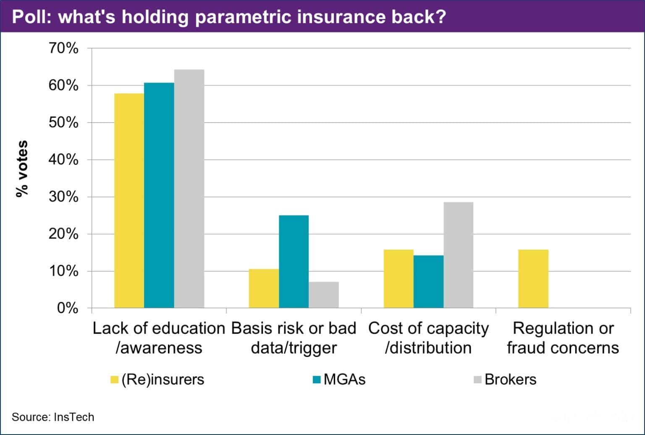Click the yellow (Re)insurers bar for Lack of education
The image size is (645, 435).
pyautogui.click(x=129, y=200)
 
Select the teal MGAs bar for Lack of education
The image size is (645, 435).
pyautogui.click(x=159, y=195)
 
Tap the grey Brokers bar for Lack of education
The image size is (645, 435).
pyautogui.click(x=189, y=189)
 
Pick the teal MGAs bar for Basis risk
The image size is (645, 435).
pyautogui.click(x=294, y=261)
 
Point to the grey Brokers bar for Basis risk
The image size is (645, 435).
pyautogui.click(x=323, y=295)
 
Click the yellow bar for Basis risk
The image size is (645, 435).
pyautogui.click(x=264, y=288)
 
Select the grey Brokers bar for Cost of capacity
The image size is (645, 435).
pyautogui.click(x=458, y=255)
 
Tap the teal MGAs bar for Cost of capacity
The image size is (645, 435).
pyautogui.click(x=428, y=282)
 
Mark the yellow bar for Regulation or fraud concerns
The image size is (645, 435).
pyautogui.click(x=533, y=279)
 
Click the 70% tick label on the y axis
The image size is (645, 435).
pyautogui.click(x=63, y=48)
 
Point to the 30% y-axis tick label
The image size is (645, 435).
pyautogui.click(x=63, y=197)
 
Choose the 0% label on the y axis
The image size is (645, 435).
pyautogui.click(x=67, y=308)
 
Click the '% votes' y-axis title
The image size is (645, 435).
pyautogui.click(x=22, y=168)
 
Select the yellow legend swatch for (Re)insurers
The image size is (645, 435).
pyautogui.click(x=115, y=380)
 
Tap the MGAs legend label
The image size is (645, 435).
pyautogui.click(x=344, y=380)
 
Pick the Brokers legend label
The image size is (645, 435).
pyautogui.click(x=510, y=380)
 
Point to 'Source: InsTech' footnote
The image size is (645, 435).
pyautogui.click(x=53, y=417)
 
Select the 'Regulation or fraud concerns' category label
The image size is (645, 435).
pyautogui.click(x=563, y=338)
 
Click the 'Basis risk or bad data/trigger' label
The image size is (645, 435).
pyautogui.click(x=294, y=338)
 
